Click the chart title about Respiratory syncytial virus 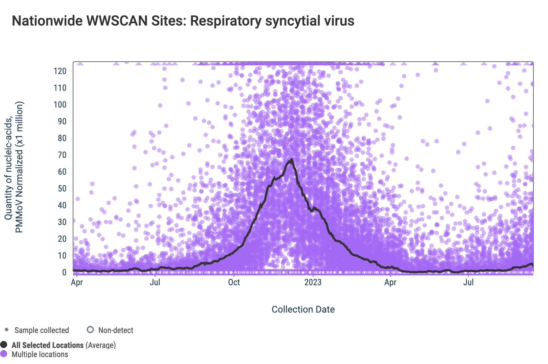click(x=183, y=21)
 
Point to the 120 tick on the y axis click(x=60, y=71)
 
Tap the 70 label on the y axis click(x=62, y=155)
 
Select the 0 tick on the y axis click(x=64, y=272)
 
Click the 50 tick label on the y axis click(x=62, y=189)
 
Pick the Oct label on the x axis click(x=234, y=282)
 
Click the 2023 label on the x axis click(x=313, y=282)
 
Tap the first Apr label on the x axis click(x=77, y=282)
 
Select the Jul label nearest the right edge click(x=468, y=282)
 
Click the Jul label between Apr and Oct click(x=155, y=282)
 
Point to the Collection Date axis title click(x=303, y=309)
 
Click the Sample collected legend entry click(x=41, y=330)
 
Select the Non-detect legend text click(x=115, y=330)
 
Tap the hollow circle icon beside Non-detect click(x=90, y=330)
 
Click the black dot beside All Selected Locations click(x=4, y=345)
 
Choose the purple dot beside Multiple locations click(x=4, y=354)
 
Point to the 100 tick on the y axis click(x=60, y=105)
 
